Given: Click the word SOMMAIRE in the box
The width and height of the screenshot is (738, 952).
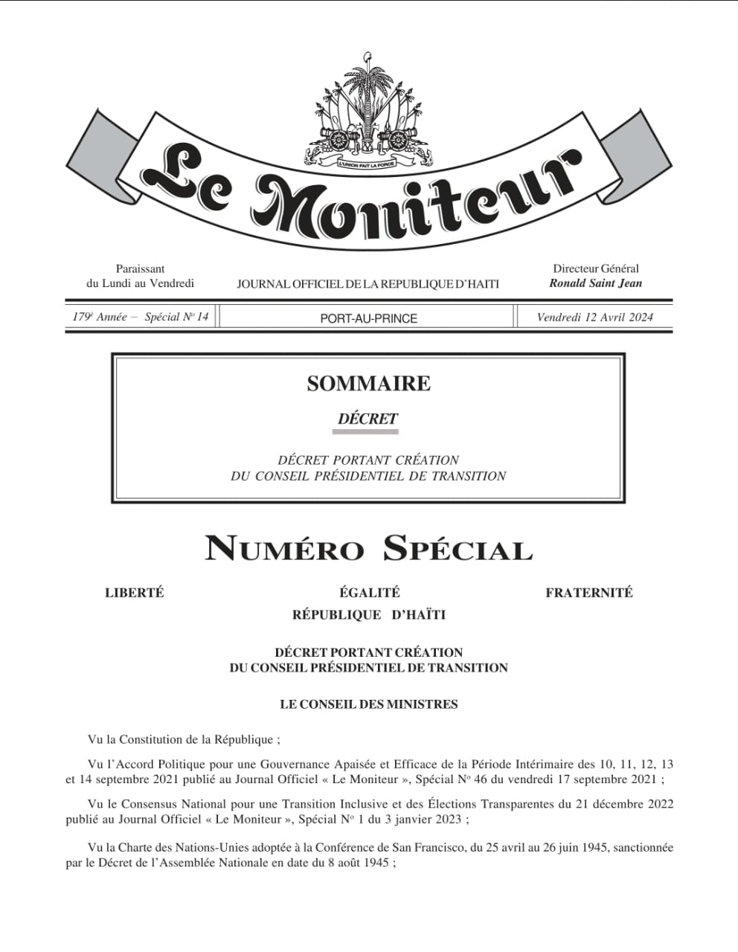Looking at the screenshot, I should pyautogui.click(x=368, y=384).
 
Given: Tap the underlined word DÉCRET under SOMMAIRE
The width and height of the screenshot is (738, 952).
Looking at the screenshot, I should pyautogui.click(x=368, y=419).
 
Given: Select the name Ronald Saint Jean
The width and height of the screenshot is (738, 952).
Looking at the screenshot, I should pyautogui.click(x=595, y=283).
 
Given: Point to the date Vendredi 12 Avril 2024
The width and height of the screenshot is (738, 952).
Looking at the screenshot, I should pyautogui.click(x=594, y=318).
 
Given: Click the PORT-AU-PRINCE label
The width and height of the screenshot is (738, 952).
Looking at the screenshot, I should pyautogui.click(x=368, y=318).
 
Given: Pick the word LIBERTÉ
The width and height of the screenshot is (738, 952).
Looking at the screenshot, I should pyautogui.click(x=134, y=593).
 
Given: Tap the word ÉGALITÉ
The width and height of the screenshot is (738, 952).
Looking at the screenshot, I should pyautogui.click(x=369, y=593).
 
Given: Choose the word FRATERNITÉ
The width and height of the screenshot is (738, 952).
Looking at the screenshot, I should pyautogui.click(x=588, y=593).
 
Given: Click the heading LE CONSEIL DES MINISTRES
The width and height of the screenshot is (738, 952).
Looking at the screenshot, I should pyautogui.click(x=368, y=704).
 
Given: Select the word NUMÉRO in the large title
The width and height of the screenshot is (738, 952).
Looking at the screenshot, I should pyautogui.click(x=284, y=550).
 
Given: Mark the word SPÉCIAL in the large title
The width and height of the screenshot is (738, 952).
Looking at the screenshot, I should pyautogui.click(x=458, y=550).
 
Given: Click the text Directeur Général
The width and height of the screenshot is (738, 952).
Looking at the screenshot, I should pyautogui.click(x=595, y=268).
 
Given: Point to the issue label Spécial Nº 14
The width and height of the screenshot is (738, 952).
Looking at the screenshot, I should pyautogui.click(x=176, y=317).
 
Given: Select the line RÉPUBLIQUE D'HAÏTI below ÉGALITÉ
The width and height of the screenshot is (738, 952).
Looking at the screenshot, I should pyautogui.click(x=368, y=615).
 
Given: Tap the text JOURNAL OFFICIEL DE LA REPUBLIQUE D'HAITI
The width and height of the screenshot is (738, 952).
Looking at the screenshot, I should pyautogui.click(x=368, y=284).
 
